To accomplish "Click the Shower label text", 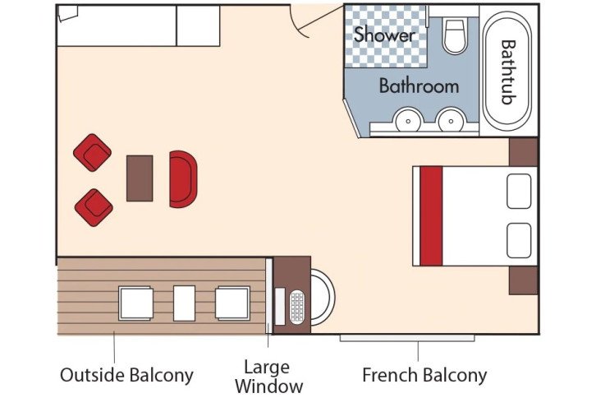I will (x=384, y=35).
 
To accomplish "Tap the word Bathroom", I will (x=418, y=86).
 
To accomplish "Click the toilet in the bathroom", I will (x=454, y=37).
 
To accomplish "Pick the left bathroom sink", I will (x=406, y=123).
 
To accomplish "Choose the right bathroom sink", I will (x=449, y=123).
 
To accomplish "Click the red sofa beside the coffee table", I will (x=183, y=178).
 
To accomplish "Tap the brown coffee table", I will (x=140, y=178).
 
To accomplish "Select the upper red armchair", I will (x=92, y=152).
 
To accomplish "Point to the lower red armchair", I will (x=94, y=207).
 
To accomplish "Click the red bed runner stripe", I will (x=431, y=216).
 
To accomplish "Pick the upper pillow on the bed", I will (x=520, y=192).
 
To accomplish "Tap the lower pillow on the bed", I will (x=520, y=239).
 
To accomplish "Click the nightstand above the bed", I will (x=523, y=151).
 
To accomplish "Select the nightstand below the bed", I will (x=523, y=280).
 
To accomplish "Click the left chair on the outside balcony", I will (x=136, y=303).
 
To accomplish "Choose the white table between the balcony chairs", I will (x=184, y=303).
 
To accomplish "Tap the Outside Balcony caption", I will (x=126, y=376).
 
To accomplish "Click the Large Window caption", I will (x=268, y=376).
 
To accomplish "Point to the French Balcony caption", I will (x=424, y=376).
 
